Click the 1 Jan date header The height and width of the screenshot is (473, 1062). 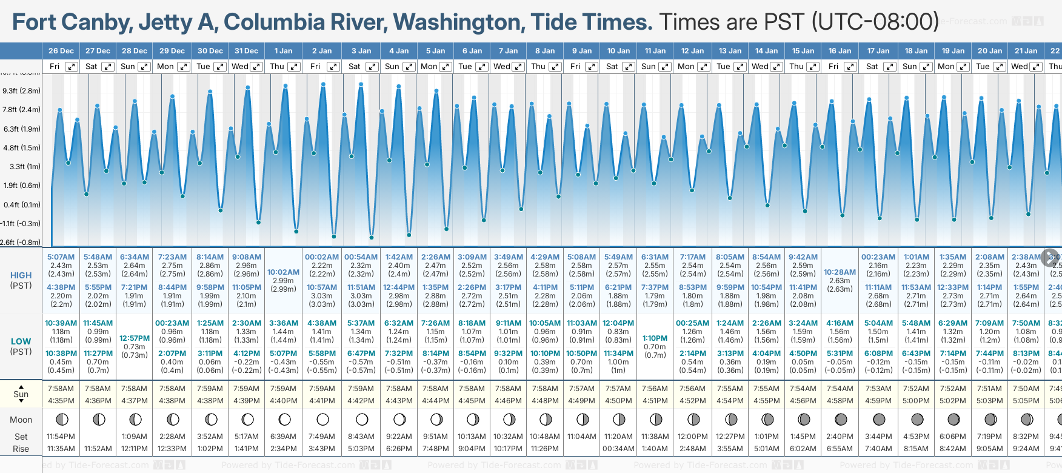(283, 51)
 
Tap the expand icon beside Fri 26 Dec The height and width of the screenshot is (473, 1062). (72, 67)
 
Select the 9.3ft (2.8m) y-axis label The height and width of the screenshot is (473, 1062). (21, 91)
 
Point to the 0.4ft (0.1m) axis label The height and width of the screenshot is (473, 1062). (21, 205)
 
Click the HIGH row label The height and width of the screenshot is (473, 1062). (21, 275)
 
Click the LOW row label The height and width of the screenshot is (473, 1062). (21, 341)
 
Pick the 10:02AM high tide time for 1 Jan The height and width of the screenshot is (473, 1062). (283, 272)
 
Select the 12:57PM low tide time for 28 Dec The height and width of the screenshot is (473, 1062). (134, 338)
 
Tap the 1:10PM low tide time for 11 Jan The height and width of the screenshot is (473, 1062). (655, 338)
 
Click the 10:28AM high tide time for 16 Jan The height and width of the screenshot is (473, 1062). (840, 272)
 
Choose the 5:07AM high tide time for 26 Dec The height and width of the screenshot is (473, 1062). (61, 257)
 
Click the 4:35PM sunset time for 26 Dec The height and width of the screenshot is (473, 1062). (61, 401)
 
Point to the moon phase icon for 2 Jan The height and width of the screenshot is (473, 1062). (322, 420)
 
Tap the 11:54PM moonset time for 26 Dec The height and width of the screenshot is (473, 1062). (61, 437)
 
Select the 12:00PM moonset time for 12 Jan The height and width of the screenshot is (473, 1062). (692, 437)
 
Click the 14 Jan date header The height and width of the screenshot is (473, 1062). (766, 51)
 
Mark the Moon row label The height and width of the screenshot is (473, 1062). (21, 420)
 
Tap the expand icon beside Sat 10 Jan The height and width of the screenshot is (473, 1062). (629, 67)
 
